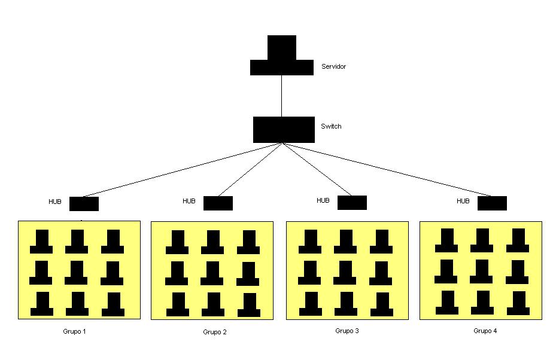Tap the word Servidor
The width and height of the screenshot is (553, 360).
click(x=333, y=66)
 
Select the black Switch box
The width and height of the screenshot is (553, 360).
click(x=284, y=130)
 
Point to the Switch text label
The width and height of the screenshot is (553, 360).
click(x=331, y=126)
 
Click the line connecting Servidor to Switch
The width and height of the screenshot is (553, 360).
click(x=281, y=96)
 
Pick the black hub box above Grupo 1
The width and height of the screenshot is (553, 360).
click(x=84, y=203)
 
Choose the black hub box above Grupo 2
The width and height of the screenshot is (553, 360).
click(x=218, y=203)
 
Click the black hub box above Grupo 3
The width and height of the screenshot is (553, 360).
click(x=352, y=202)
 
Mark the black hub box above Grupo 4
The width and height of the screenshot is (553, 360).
click(x=492, y=203)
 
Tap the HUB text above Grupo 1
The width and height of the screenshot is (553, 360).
click(x=55, y=202)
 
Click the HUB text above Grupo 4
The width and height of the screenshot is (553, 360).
click(x=463, y=201)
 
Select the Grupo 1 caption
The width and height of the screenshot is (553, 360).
click(x=74, y=331)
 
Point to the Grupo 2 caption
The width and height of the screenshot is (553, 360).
click(x=214, y=332)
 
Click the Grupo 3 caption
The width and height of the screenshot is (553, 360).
click(x=347, y=331)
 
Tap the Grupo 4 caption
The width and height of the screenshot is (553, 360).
click(x=485, y=331)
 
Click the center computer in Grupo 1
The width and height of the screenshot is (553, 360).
click(x=77, y=273)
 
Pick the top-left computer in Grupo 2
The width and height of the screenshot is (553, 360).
click(x=177, y=242)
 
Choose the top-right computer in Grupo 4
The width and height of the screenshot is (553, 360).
click(x=518, y=240)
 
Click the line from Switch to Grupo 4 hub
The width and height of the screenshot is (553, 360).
click(x=389, y=170)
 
